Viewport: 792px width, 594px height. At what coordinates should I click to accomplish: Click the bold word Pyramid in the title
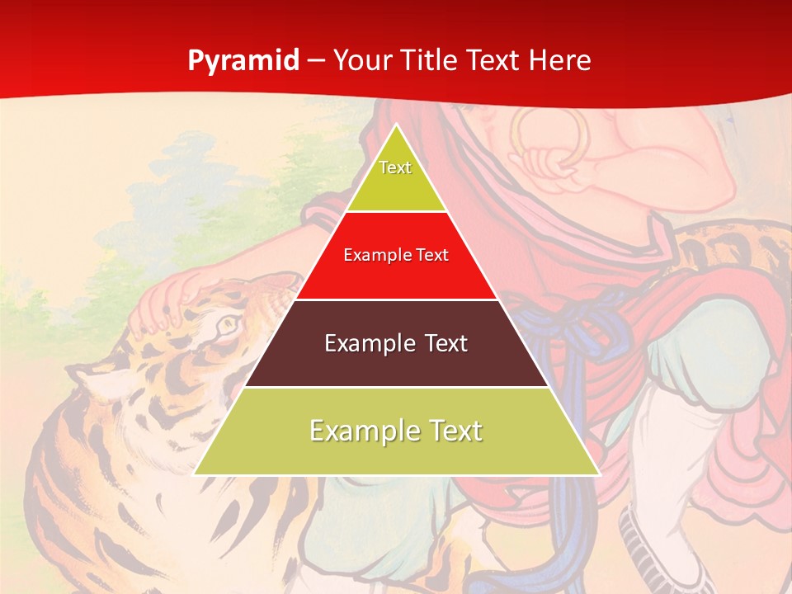(243, 61)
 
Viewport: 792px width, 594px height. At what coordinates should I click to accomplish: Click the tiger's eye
(225, 327)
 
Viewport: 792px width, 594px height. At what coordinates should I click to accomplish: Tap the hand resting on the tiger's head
(169, 298)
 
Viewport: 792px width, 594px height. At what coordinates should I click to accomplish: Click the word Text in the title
(495, 61)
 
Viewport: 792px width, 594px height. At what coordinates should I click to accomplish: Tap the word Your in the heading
(361, 61)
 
